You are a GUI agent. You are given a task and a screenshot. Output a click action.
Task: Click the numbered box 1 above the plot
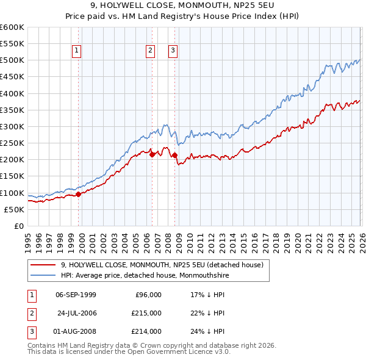click(77, 51)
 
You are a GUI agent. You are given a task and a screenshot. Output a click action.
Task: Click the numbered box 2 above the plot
click(149, 51)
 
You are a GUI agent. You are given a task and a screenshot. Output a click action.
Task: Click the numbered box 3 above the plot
click(173, 51)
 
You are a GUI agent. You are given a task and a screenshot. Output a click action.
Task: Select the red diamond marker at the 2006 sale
click(152, 155)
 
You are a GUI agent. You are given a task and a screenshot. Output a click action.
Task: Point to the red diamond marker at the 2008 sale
click(174, 155)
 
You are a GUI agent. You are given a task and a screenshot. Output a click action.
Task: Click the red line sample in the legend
click(43, 265)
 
